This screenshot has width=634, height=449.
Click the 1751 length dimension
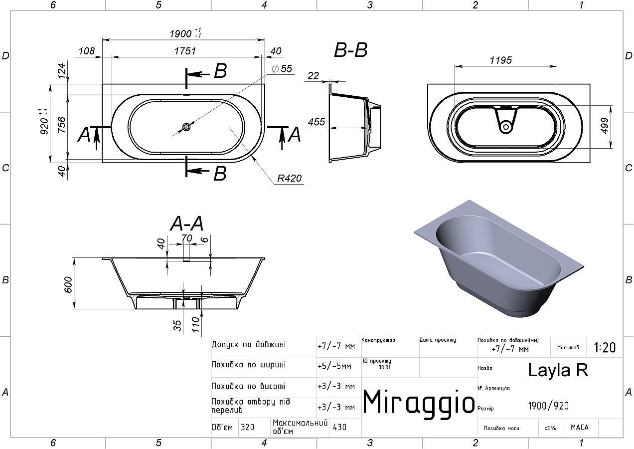(185, 51)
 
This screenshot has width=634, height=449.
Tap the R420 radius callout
(289, 178)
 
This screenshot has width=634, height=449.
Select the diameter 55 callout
(282, 68)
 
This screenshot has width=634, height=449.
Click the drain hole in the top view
(186, 127)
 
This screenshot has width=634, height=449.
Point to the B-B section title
(351, 50)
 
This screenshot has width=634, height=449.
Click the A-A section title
(187, 223)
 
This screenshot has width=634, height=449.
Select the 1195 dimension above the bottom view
(501, 60)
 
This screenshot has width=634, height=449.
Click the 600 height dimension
(68, 285)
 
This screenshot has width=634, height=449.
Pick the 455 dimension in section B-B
(317, 122)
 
